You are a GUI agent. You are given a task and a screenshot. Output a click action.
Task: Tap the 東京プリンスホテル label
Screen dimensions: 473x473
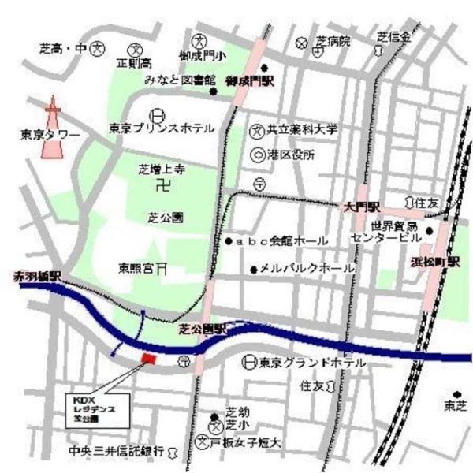pyautogui.click(x=161, y=128)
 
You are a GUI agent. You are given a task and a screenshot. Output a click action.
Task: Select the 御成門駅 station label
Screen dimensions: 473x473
pyautogui.click(x=248, y=81)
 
